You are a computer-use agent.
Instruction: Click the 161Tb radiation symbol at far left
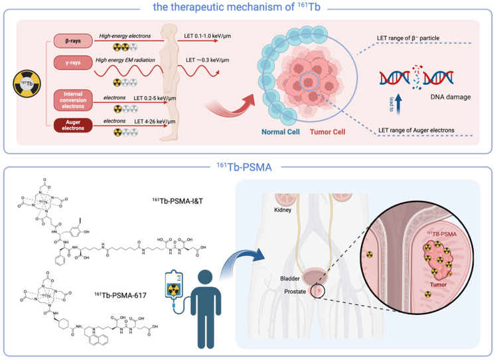(25, 82)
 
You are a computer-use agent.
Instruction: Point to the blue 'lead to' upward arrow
(393, 102)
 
